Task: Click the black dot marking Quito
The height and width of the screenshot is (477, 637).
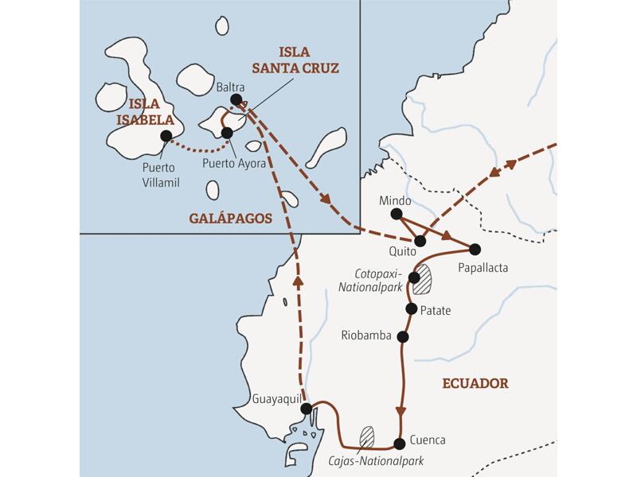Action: [x=420, y=240]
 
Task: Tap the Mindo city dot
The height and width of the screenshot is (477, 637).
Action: [x=397, y=212]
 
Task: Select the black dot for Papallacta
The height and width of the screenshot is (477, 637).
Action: [x=475, y=248]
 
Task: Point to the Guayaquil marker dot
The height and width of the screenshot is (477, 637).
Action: [x=307, y=408]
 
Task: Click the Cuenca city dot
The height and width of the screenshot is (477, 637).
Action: [x=400, y=441]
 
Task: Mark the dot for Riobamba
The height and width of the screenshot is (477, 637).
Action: [x=403, y=336]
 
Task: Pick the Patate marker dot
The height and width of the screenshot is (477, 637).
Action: [x=411, y=308]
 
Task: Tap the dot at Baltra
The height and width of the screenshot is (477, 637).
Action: [x=235, y=99]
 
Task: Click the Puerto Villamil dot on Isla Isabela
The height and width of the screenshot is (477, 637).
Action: [x=166, y=136]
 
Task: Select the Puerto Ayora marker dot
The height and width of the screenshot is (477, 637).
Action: [x=227, y=132]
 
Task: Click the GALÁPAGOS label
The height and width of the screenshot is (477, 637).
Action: [x=231, y=217]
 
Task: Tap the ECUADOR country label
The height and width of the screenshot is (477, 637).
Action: [x=475, y=383]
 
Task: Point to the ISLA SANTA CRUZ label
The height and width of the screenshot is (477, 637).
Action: [x=302, y=60]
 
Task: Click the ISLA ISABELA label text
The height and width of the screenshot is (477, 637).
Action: [x=150, y=112]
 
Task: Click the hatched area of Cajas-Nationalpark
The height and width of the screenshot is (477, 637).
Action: [x=367, y=436]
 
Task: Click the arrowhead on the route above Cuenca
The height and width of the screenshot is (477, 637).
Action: [x=400, y=411]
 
